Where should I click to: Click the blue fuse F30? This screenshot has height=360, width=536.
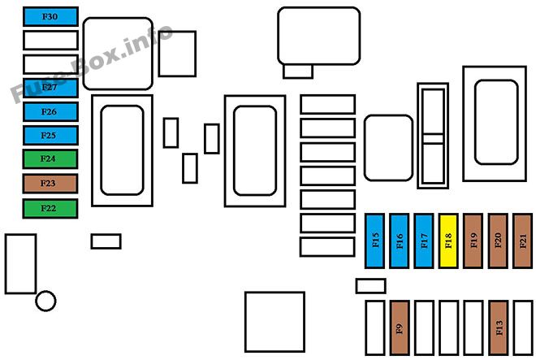tap(50, 16)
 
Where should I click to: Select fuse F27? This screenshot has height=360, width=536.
tap(50, 88)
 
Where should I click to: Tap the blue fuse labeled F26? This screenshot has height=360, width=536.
tap(50, 111)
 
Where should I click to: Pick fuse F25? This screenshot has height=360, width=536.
tap(50, 135)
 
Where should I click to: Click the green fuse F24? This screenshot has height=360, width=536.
tap(50, 158)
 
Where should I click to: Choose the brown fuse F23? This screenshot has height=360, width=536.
tap(50, 184)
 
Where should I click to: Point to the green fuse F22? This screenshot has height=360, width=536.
tap(50, 208)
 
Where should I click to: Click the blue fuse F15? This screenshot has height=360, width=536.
tap(375, 241)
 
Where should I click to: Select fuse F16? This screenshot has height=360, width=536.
tap(400, 241)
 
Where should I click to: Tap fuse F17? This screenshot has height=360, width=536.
tap(424, 241)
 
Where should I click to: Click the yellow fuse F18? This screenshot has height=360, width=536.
tap(448, 241)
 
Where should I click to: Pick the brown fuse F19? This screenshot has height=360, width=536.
tap(473, 241)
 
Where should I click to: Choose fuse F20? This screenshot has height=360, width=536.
tap(498, 241)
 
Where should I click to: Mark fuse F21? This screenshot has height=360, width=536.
tap(523, 241)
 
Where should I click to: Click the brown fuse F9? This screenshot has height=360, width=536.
tap(400, 327)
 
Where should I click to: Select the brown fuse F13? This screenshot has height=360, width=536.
tap(498, 327)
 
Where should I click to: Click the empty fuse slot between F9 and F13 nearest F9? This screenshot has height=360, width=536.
tap(424, 327)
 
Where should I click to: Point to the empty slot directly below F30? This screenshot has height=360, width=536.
tap(50, 40)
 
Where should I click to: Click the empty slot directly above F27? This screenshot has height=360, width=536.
tap(50, 64)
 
